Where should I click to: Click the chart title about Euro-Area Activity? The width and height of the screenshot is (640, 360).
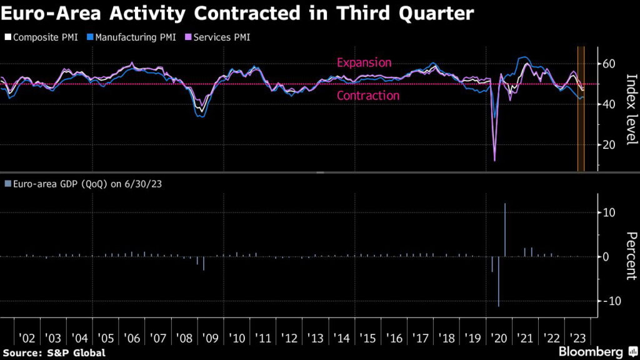(237, 14)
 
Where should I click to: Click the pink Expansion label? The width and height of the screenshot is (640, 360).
(364, 62)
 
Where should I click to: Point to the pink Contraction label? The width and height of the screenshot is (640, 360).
(367, 96)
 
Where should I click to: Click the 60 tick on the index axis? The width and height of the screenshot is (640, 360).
(609, 64)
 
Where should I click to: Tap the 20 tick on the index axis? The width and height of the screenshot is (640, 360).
(609, 144)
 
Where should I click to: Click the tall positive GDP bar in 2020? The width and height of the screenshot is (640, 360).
(504, 229)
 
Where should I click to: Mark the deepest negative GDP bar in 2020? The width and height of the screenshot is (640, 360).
(498, 281)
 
